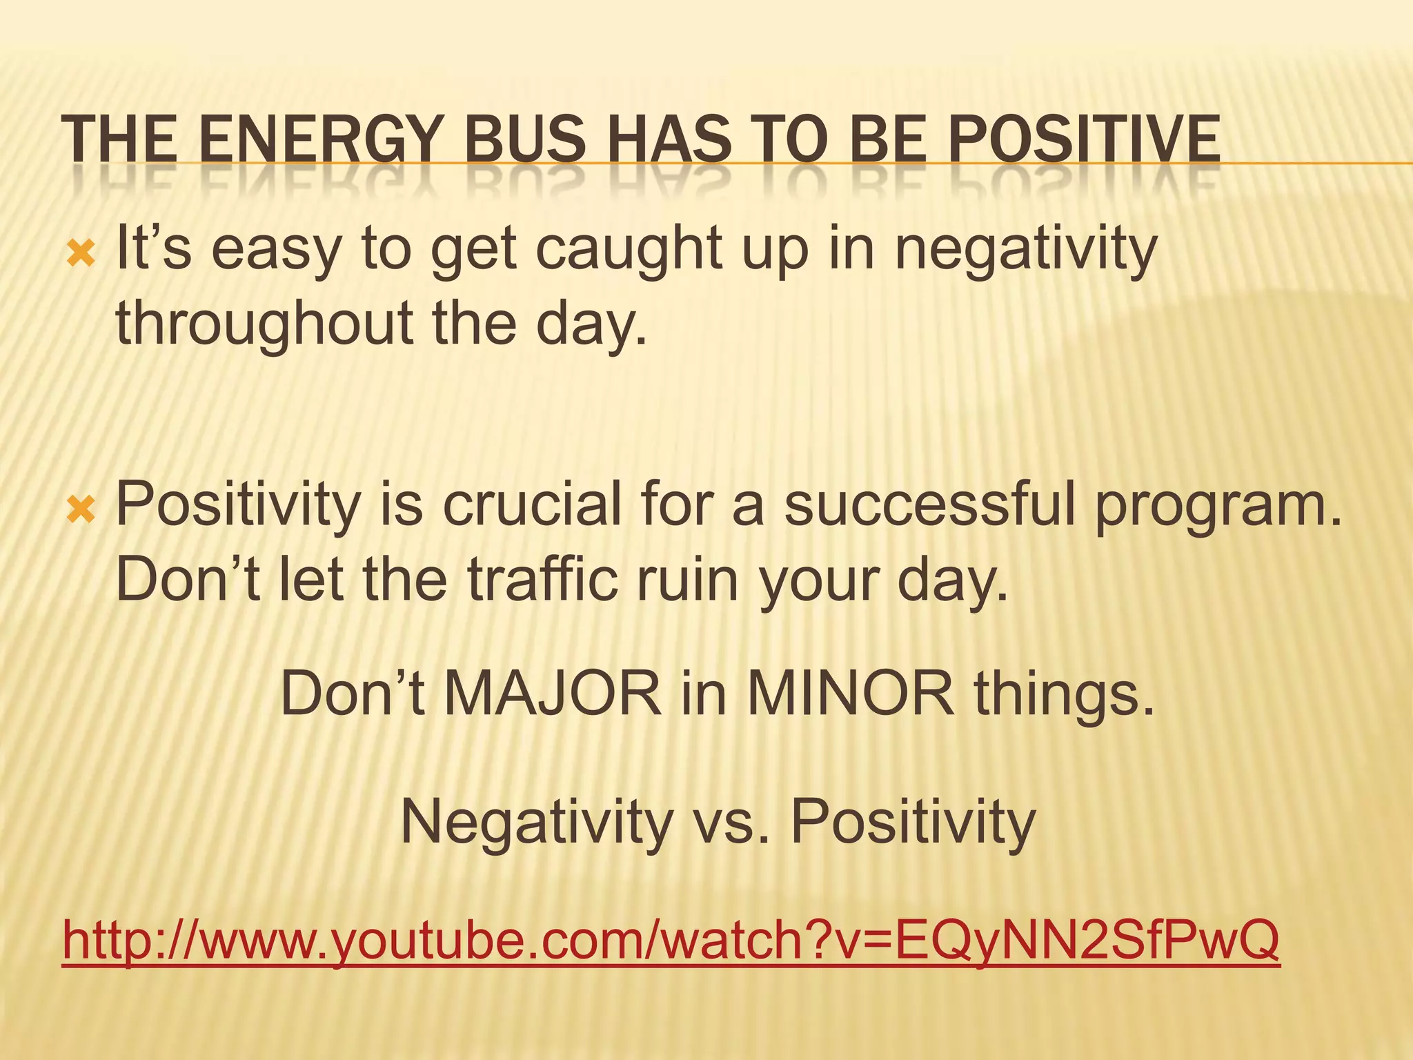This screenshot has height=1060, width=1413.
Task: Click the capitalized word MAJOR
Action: point(553,694)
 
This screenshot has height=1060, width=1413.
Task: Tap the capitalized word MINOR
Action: point(851,694)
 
